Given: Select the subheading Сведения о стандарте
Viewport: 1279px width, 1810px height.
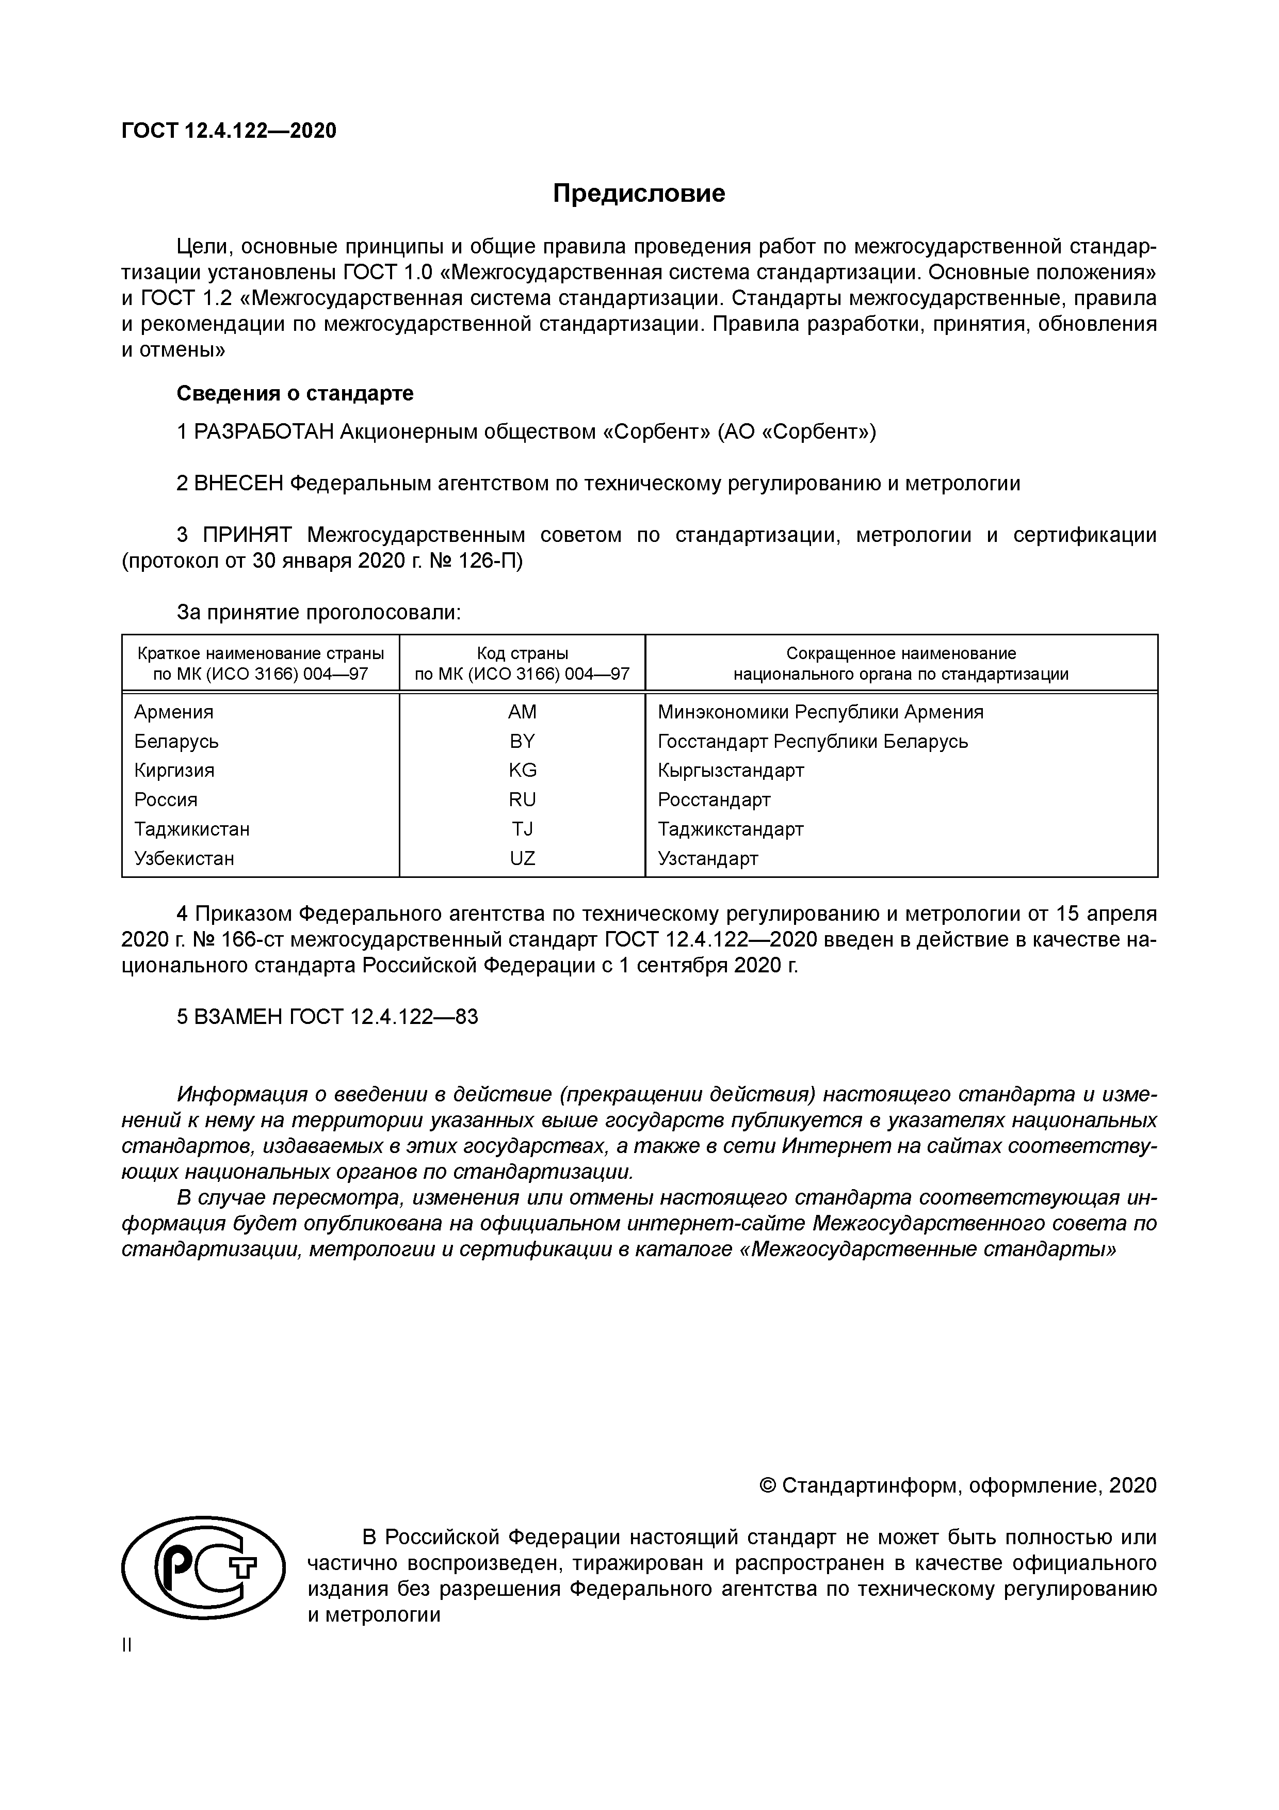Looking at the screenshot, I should [295, 393].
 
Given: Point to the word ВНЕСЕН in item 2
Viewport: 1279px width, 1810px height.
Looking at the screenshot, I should [238, 483].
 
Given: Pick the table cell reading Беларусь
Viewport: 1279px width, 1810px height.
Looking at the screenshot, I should [176, 741].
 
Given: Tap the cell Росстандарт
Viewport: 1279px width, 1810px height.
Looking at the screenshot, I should [714, 799].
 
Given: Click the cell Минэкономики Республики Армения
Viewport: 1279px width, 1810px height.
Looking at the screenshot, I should [820, 712].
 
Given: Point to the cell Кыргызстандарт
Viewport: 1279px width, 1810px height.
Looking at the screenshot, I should [731, 770].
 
